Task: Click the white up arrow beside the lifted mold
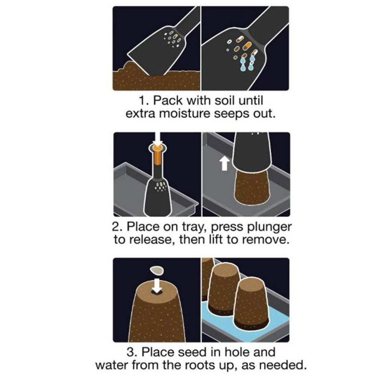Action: pyautogui.click(x=225, y=163)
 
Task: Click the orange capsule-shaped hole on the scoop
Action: pyautogui.click(x=248, y=45)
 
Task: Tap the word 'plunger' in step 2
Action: pyautogui.click(x=270, y=227)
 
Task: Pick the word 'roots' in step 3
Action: pyautogui.click(x=200, y=365)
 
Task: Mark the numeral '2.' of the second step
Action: pyautogui.click(x=118, y=227)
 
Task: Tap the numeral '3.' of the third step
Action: pyautogui.click(x=132, y=352)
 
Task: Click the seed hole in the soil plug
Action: pyautogui.click(x=157, y=292)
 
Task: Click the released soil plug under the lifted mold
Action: pyautogui.click(x=252, y=185)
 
